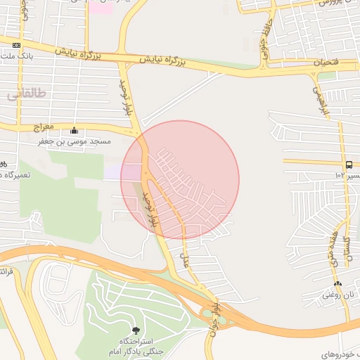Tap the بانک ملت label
tap(13, 55)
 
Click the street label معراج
tap(44, 128)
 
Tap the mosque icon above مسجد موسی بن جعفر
tap(75, 131)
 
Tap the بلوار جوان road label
tap(214, 320)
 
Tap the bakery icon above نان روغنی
tap(338, 284)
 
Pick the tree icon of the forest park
tap(136, 330)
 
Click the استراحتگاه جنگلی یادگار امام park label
tap(131, 345)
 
